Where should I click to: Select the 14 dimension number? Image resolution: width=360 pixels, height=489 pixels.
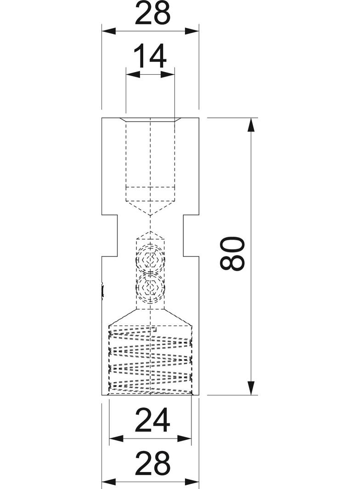click(150, 57)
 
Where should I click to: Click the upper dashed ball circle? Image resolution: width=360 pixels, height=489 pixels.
click(151, 260)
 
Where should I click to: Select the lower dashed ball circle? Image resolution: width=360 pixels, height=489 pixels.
click(151, 287)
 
